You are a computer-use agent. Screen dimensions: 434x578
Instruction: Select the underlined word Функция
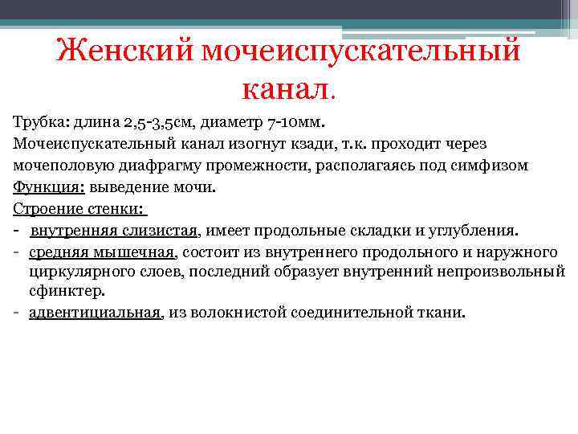point(42,187)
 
